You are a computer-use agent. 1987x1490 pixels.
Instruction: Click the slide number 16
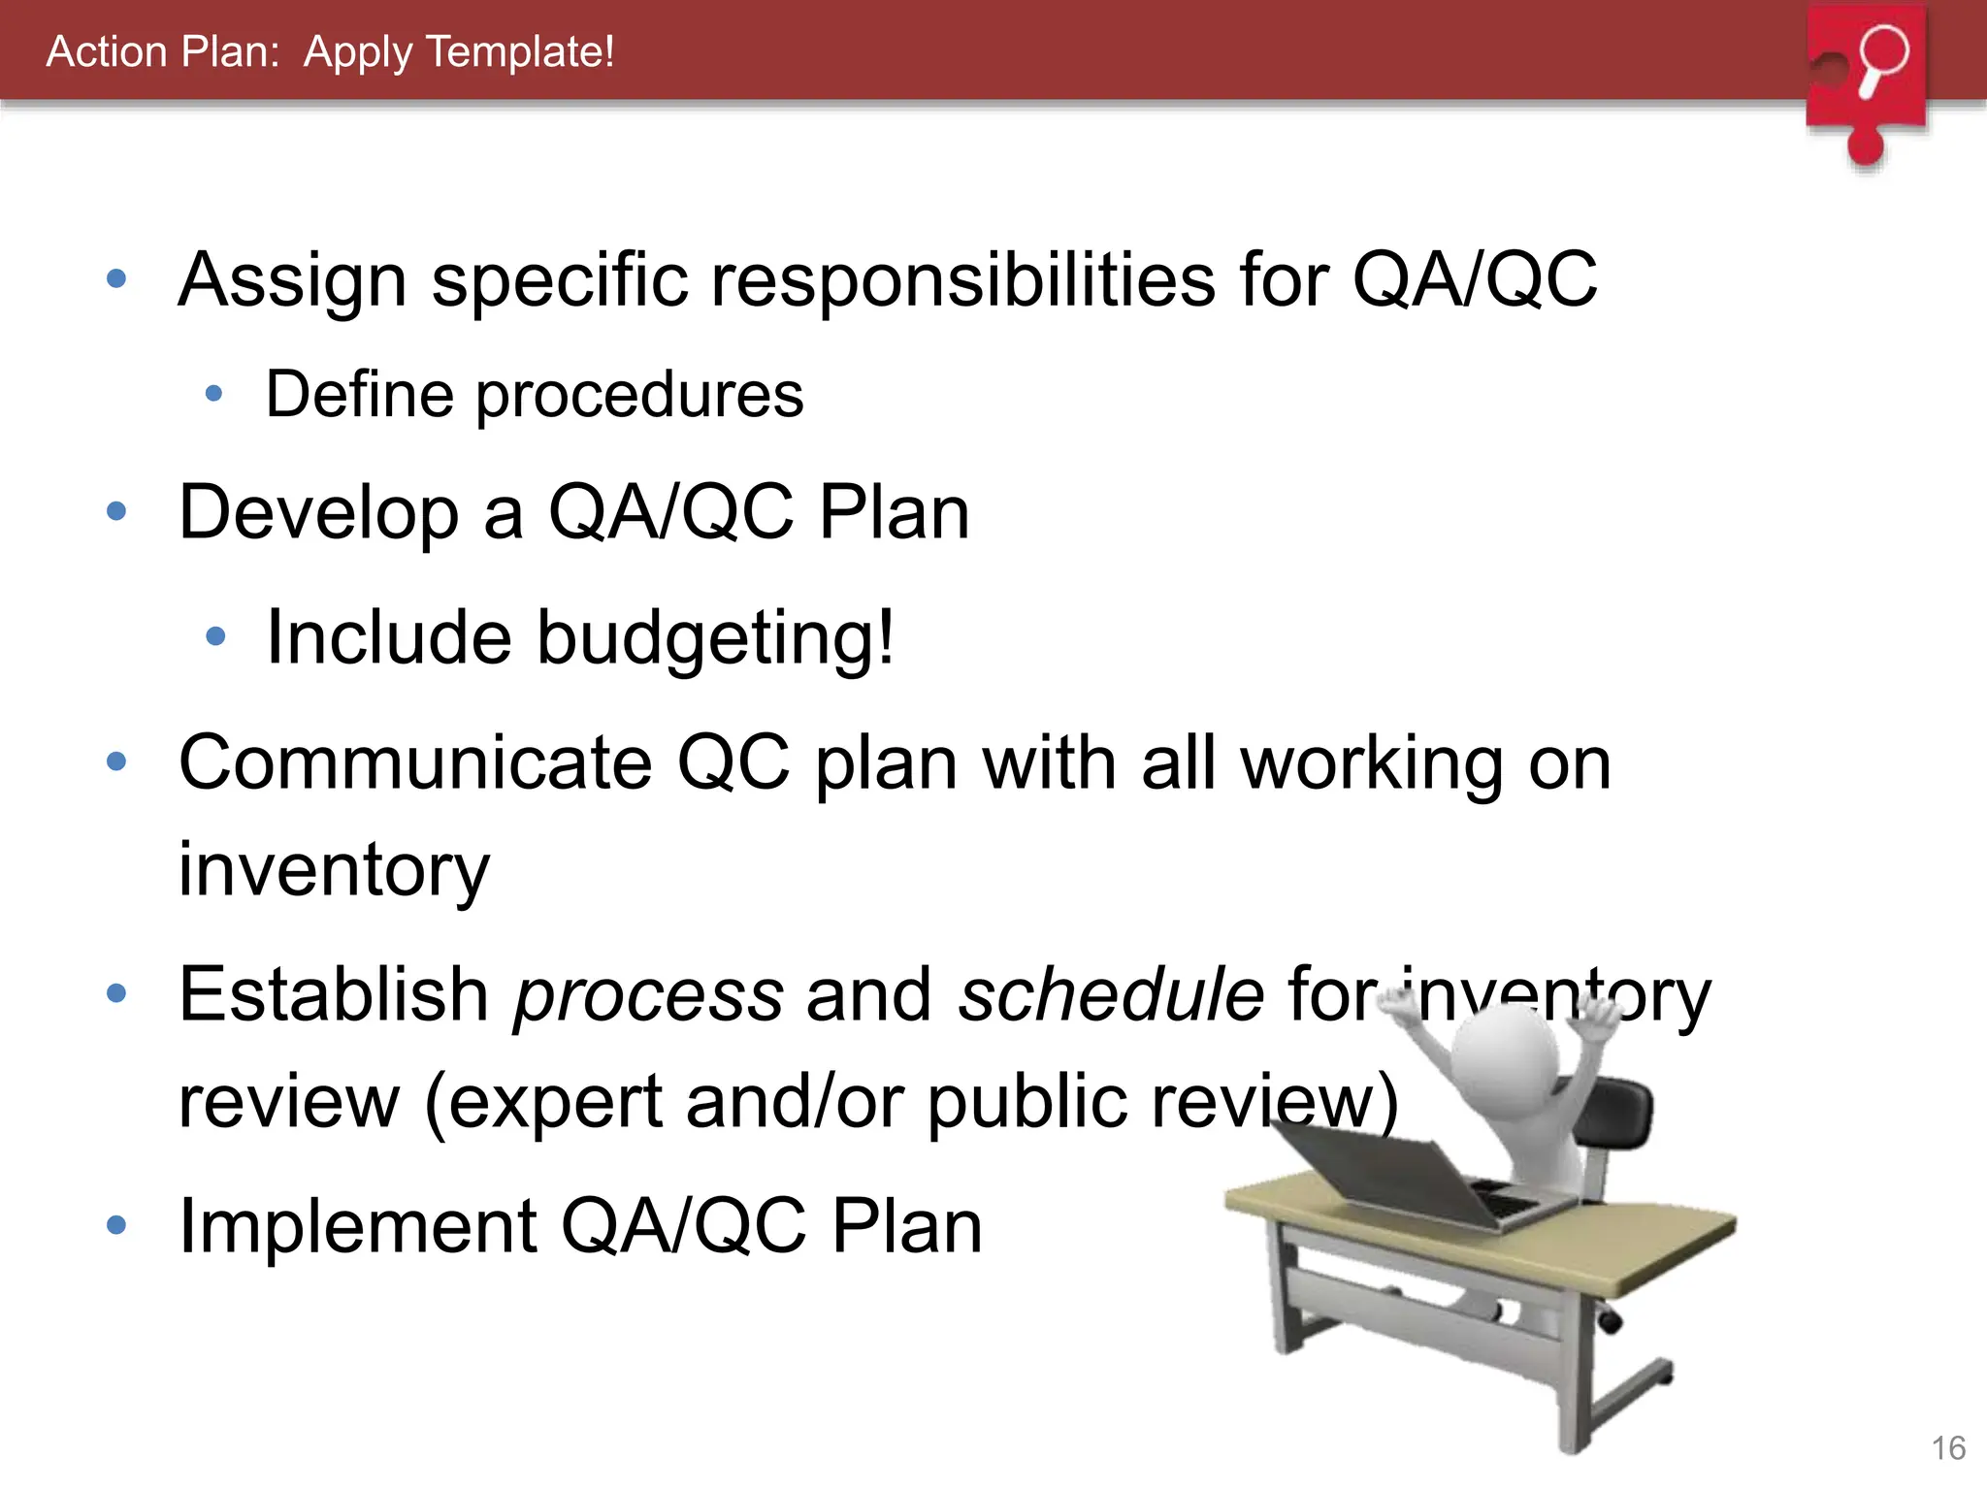point(1948,1448)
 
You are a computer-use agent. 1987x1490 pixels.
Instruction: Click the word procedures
point(639,396)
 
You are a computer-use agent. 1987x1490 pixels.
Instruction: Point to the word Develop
point(318,513)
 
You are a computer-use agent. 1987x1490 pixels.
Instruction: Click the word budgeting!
point(715,638)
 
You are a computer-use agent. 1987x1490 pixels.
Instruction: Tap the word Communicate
point(415,763)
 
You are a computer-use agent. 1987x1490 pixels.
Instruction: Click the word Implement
point(357,1227)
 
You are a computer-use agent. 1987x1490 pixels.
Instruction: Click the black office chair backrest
point(1615,1116)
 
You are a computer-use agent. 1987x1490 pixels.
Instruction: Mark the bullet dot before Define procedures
point(214,395)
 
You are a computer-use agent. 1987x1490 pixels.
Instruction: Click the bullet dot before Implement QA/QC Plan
point(116,1225)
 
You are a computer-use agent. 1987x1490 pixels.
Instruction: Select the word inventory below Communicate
point(334,870)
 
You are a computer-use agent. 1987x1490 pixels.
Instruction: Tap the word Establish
point(333,995)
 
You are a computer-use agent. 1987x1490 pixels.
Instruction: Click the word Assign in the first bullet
point(291,280)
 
